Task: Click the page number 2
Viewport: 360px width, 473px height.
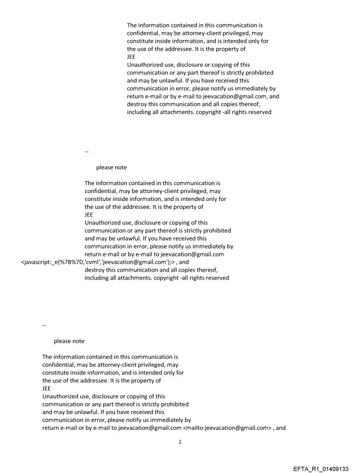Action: [x=180, y=442]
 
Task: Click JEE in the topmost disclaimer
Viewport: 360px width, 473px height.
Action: [x=131, y=57]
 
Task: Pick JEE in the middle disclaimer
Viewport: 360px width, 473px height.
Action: [x=89, y=215]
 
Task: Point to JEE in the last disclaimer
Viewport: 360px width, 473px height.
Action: [x=47, y=388]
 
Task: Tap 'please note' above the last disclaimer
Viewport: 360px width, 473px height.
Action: [x=69, y=341]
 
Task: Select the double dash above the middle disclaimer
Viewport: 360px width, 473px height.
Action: [x=86, y=152]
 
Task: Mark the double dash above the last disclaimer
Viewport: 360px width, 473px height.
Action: [x=44, y=325]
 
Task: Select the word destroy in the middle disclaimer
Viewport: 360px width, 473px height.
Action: [x=95, y=270]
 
